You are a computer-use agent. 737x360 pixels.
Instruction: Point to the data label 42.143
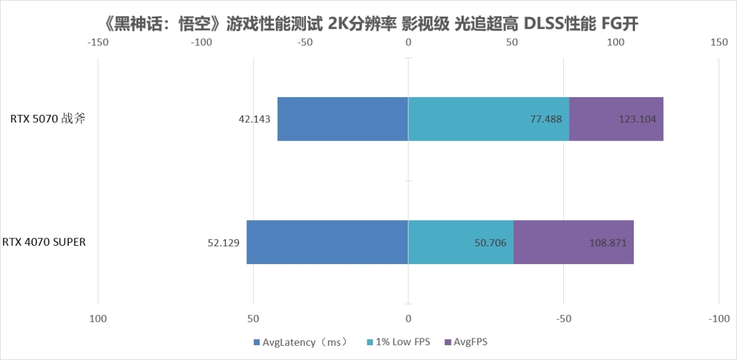pyautogui.click(x=254, y=119)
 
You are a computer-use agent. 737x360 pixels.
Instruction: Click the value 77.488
pyautogui.click(x=546, y=119)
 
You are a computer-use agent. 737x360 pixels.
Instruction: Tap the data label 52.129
pyautogui.click(x=224, y=243)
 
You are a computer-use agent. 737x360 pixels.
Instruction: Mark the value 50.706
pyautogui.click(x=490, y=243)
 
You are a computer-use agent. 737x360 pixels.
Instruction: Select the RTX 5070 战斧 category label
pyautogui.click(x=47, y=119)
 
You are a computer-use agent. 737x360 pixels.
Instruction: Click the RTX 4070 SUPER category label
pyautogui.click(x=44, y=242)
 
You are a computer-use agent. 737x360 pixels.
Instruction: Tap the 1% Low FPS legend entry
pyautogui.click(x=400, y=342)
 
